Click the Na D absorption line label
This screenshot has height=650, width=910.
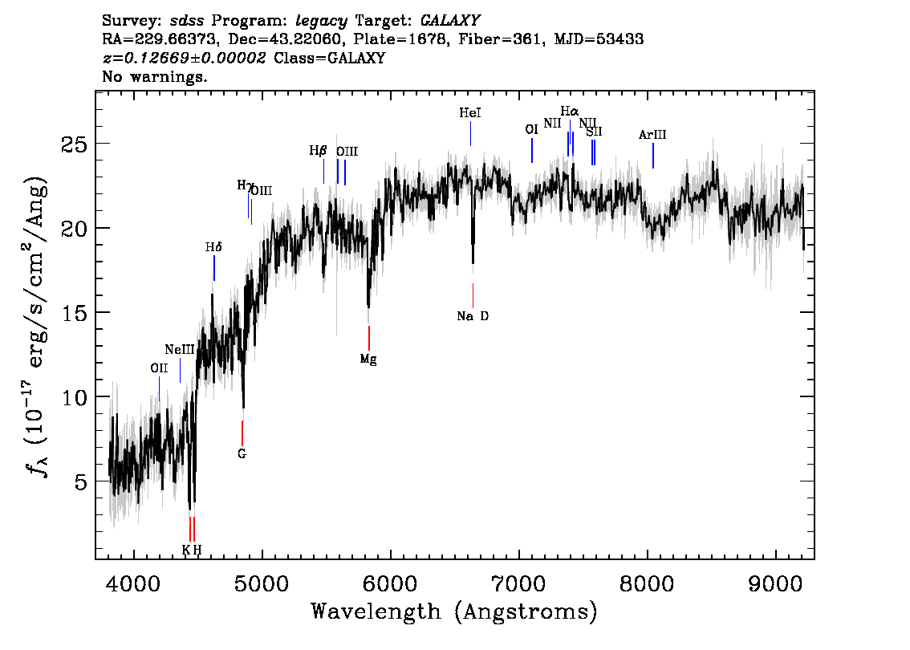pos(473,316)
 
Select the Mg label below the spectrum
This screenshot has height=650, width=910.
pos(368,359)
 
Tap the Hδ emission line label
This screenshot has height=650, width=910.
pos(213,248)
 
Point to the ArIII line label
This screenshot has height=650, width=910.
pos(652,135)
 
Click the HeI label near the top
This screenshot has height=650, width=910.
pos(470,114)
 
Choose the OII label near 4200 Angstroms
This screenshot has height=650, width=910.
pos(159,368)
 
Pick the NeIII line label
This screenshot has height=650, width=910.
pos(180,350)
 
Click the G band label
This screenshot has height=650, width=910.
pos(242,453)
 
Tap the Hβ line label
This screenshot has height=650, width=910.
pos(318,150)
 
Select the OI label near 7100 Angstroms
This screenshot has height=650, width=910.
pos(531,129)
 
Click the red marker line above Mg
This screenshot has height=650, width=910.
pos(368,338)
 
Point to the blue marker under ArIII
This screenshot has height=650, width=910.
pos(653,156)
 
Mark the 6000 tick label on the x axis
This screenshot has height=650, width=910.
pos(390,581)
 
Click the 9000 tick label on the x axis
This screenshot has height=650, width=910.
pos(776,581)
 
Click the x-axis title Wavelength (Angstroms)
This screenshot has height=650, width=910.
pos(454,611)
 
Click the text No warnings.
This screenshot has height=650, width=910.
pos(155,78)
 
